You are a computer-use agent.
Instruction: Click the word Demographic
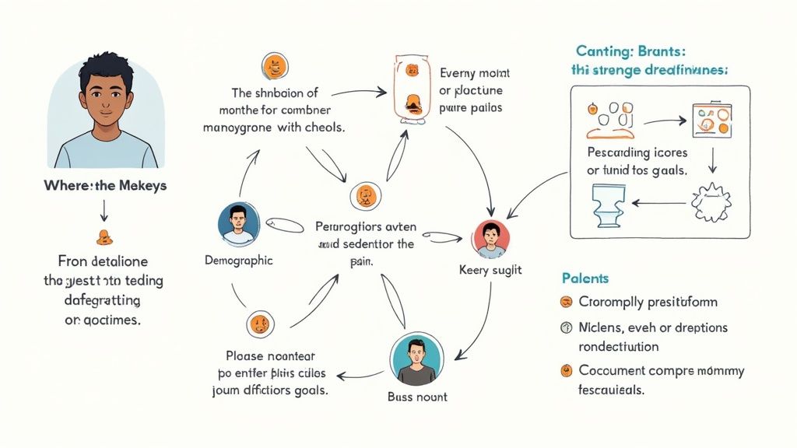pyautogui.click(x=238, y=261)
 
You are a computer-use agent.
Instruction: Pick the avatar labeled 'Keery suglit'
pyautogui.click(x=490, y=239)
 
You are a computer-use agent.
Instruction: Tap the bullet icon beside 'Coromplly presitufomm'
pyautogui.click(x=566, y=302)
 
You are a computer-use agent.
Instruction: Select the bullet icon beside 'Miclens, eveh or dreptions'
pyautogui.click(x=566, y=328)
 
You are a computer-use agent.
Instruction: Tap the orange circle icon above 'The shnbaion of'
pyautogui.click(x=274, y=65)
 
